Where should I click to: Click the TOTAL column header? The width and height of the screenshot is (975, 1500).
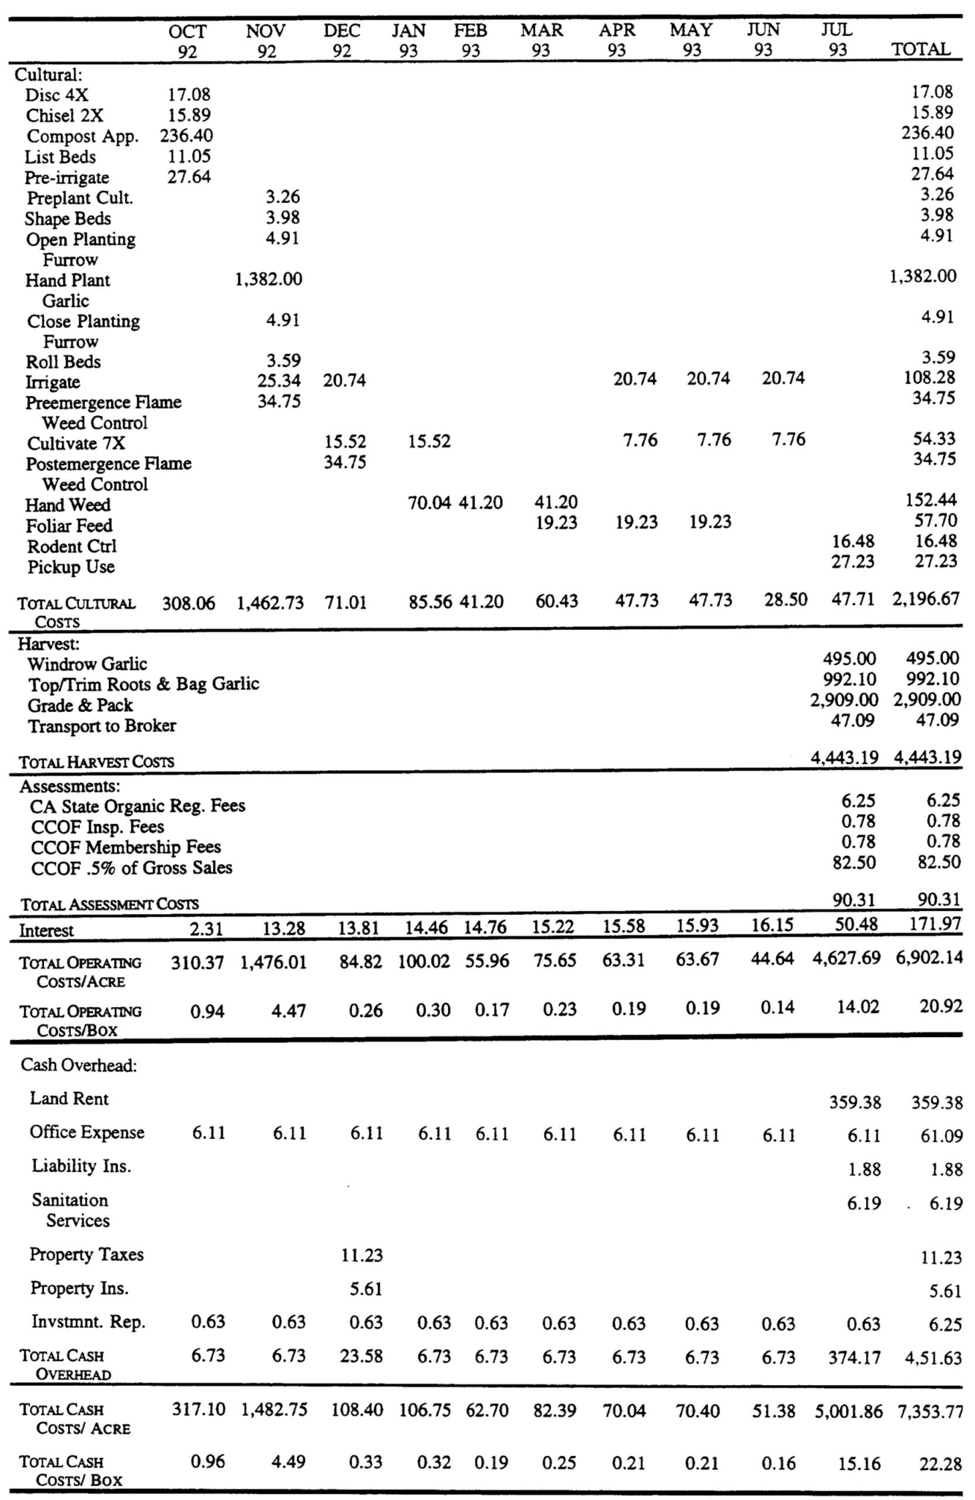pyautogui.click(x=921, y=50)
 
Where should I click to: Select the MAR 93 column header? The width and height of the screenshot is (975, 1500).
pyautogui.click(x=542, y=40)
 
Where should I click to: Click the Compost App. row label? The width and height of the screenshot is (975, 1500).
pyautogui.click(x=82, y=137)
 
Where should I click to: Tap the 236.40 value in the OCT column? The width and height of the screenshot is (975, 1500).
pyautogui.click(x=187, y=136)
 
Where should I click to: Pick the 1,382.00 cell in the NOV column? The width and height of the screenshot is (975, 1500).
pyautogui.click(x=268, y=279)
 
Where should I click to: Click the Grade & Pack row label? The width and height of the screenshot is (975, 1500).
pyautogui.click(x=80, y=705)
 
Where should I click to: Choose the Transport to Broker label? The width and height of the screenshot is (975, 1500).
pyautogui.click(x=102, y=726)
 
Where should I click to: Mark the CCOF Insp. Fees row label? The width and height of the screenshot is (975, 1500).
pyautogui.click(x=97, y=827)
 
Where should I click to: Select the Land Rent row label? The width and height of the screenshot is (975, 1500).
pyautogui.click(x=69, y=1099)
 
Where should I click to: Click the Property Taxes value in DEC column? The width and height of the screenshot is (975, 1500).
pyautogui.click(x=362, y=1255)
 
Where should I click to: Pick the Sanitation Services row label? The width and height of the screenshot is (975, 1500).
pyautogui.click(x=70, y=1210)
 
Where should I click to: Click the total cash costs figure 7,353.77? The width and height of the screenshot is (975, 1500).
pyautogui.click(x=930, y=1411)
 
